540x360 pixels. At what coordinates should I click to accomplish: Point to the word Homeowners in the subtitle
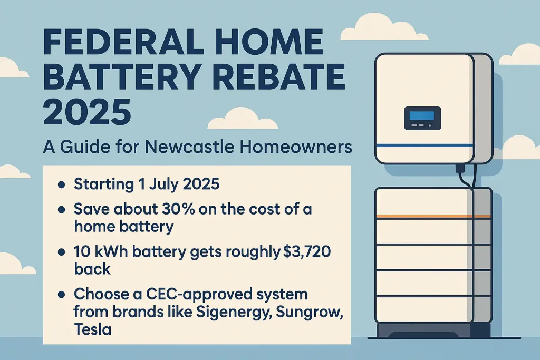click(x=297, y=147)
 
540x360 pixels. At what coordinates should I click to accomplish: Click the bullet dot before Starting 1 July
click(x=61, y=185)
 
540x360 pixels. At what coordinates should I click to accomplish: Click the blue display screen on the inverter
click(x=422, y=117)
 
